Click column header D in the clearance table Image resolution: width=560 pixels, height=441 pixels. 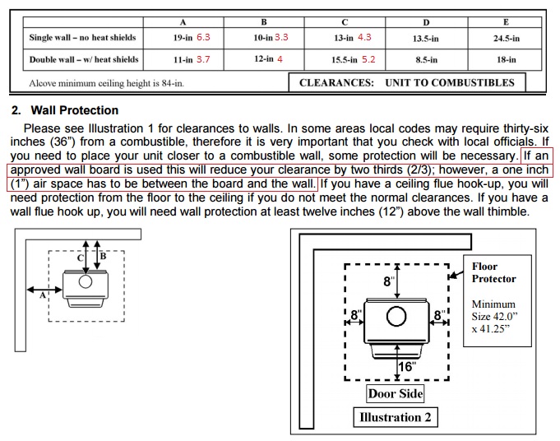[x=425, y=21]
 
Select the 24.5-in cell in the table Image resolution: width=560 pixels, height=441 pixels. [x=506, y=38]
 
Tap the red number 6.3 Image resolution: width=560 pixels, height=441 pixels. [x=203, y=38]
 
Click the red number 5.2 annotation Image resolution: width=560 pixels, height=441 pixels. [x=368, y=60]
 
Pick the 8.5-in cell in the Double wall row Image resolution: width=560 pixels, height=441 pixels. [x=425, y=60]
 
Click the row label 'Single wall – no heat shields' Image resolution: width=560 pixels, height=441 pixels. [x=82, y=38]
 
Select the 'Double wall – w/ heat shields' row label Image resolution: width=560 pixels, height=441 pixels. [x=84, y=60]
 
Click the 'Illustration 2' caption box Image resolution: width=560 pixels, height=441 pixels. [x=395, y=417]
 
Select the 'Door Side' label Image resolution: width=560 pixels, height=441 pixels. [x=396, y=393]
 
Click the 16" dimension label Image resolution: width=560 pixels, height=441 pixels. [x=407, y=367]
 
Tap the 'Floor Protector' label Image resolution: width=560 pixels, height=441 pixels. [x=493, y=273]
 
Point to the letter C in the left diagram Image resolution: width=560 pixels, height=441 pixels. [x=80, y=258]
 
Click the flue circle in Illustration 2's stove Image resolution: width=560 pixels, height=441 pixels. [x=396, y=317]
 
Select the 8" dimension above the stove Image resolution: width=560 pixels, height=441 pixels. [x=389, y=282]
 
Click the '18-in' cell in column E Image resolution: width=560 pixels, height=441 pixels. [x=506, y=60]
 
